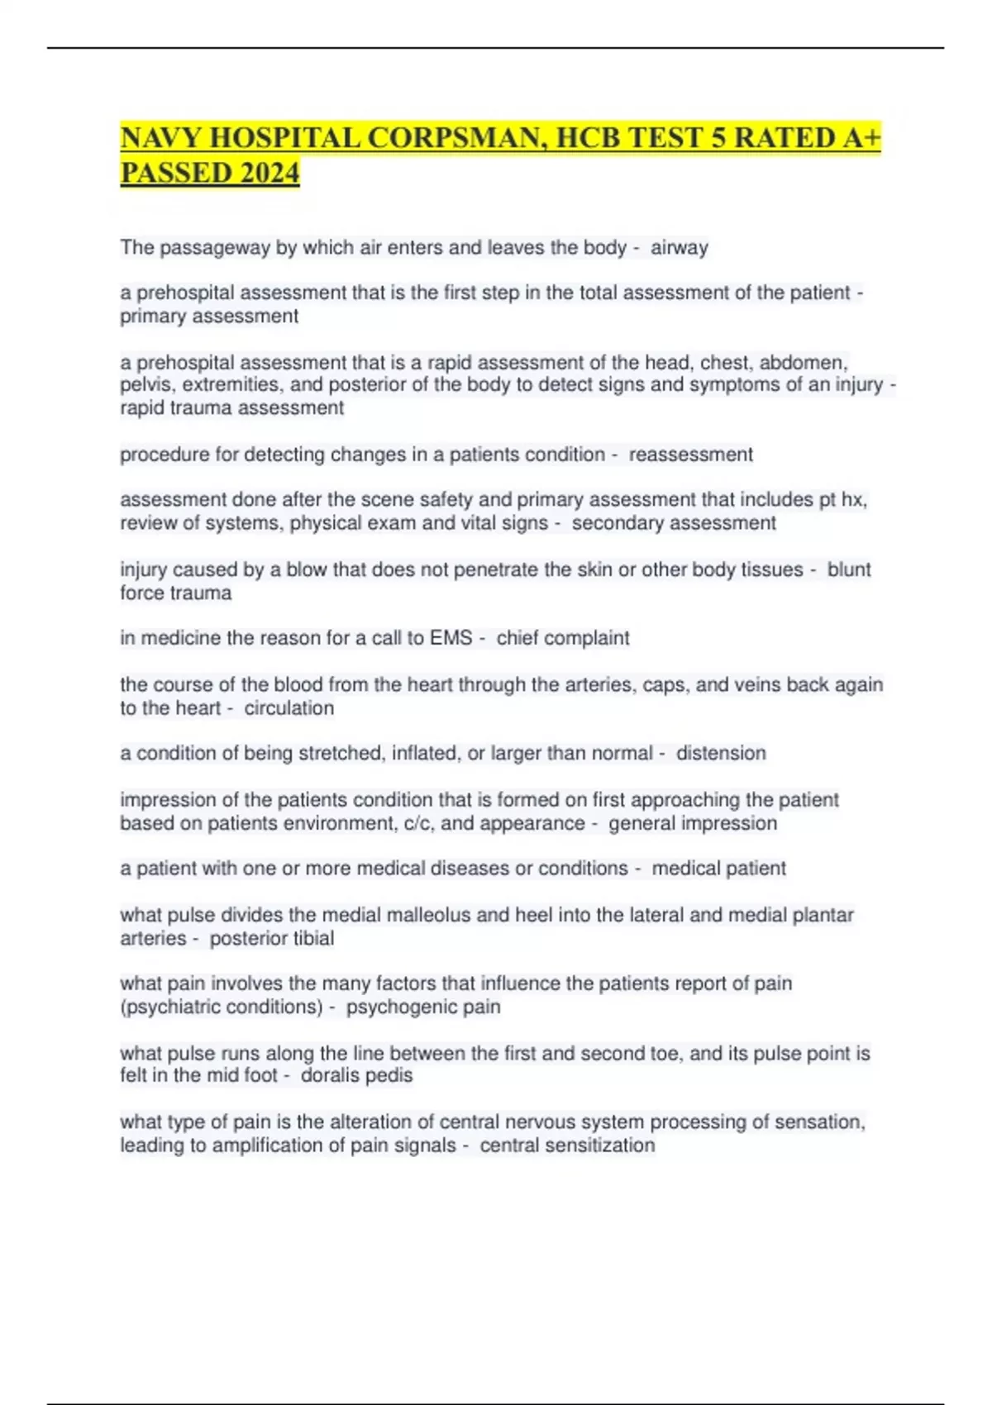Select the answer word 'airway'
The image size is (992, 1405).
tap(679, 247)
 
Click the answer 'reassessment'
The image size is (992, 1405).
tap(690, 455)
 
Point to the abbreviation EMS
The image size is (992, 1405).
tap(451, 638)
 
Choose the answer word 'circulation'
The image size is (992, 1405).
tap(289, 708)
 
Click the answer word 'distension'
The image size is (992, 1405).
tap(721, 753)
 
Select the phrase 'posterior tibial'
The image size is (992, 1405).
tap(271, 938)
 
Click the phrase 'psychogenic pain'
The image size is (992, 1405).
tap(423, 1007)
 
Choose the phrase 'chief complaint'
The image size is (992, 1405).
tap(562, 638)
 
